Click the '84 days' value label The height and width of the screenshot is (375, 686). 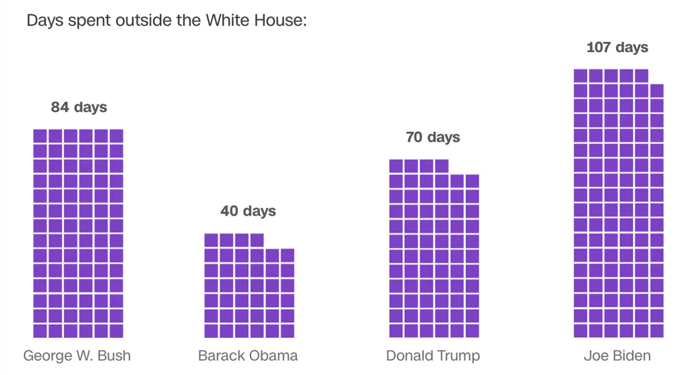tap(79, 107)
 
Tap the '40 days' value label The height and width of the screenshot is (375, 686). tap(248, 211)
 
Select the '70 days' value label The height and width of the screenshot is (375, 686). tap(433, 137)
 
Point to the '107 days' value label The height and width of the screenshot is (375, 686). tap(617, 47)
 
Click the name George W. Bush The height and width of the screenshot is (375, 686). tap(77, 356)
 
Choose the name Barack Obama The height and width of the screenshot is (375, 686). tap(248, 356)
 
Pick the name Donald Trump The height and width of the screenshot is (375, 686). tap(433, 356)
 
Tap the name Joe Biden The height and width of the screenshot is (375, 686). tap(617, 356)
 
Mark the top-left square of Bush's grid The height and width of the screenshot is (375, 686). tap(40, 136)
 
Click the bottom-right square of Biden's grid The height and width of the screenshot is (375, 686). tap(657, 330)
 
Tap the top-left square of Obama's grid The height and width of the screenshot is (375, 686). tap(211, 240)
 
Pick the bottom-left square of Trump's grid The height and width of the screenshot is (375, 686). tap(396, 330)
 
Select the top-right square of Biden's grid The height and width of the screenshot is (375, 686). tap(657, 91)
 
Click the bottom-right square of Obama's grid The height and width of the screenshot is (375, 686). tap(287, 330)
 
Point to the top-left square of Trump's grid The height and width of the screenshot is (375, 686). tap(396, 166)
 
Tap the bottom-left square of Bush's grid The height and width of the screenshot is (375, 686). tap(40, 330)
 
